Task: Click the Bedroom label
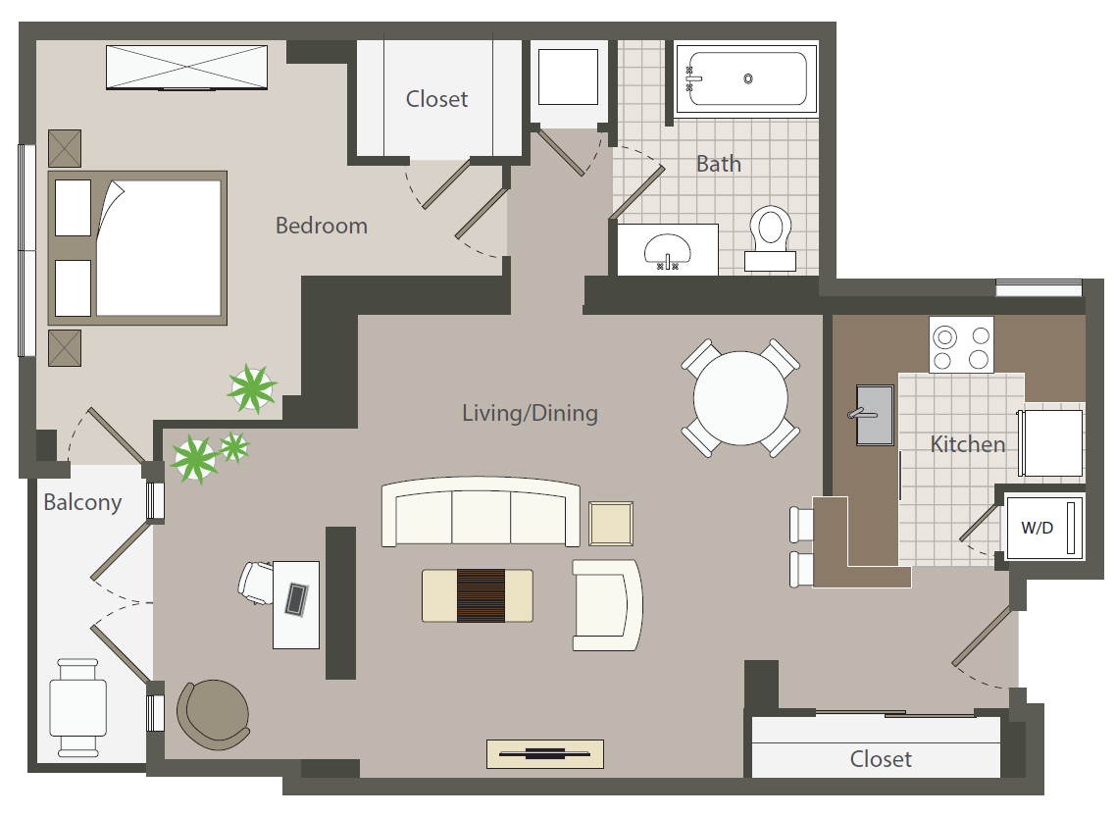tap(321, 226)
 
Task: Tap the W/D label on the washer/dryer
tap(1037, 528)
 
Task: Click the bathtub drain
tap(748, 78)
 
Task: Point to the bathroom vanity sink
tap(669, 250)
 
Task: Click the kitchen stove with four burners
tap(961, 345)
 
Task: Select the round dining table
tap(740, 398)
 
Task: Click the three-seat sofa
tap(480, 513)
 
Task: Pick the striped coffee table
tap(478, 595)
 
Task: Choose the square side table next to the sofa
tap(611, 523)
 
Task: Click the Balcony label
tap(82, 503)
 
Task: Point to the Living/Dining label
tap(530, 413)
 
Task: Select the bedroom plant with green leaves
tap(252, 389)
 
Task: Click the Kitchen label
tap(967, 444)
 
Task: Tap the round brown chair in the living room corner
tap(212, 714)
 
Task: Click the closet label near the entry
tap(880, 759)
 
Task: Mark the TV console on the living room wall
tap(544, 754)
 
